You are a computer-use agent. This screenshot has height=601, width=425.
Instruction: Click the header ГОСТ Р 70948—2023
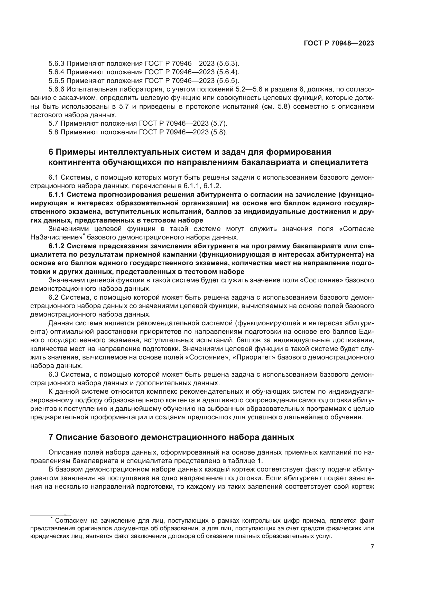[x=339, y=43]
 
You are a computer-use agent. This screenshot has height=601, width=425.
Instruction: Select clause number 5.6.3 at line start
[x=56, y=64]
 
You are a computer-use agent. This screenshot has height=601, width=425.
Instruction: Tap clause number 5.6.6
[x=56, y=89]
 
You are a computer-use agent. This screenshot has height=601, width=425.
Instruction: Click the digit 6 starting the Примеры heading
[x=51, y=152]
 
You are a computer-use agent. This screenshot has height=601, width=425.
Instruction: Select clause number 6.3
[x=53, y=375]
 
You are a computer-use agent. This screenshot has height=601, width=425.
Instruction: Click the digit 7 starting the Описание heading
[x=51, y=437]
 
